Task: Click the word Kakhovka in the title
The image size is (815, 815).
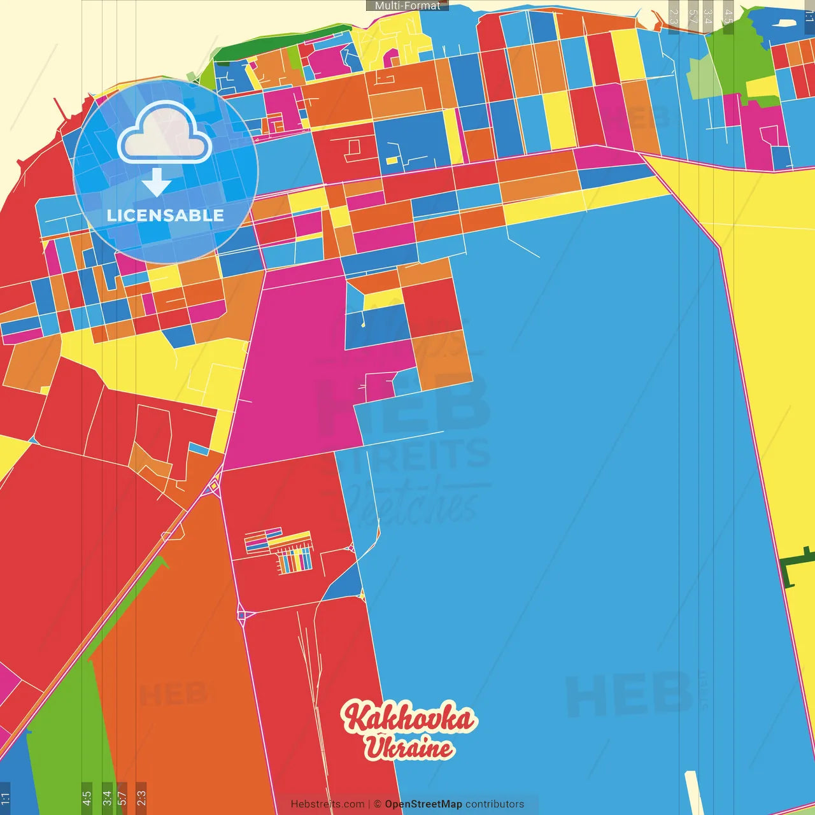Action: [x=409, y=718]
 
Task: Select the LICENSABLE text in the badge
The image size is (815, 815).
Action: [x=165, y=215]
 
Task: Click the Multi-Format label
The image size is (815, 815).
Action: [x=407, y=6]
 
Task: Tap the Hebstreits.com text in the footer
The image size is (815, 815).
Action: [x=327, y=804]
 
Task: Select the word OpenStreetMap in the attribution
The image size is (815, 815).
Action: [x=423, y=804]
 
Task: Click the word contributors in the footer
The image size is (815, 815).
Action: [x=495, y=804]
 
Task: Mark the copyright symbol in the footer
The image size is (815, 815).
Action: [x=378, y=804]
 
